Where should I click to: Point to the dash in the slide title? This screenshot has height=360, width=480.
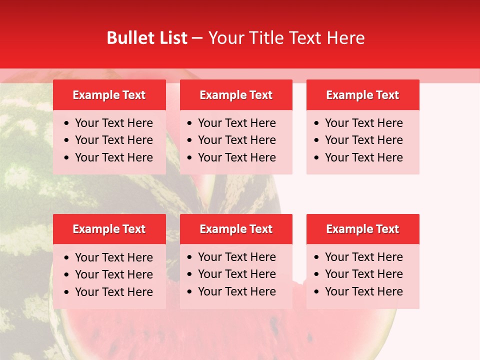[x=197, y=38]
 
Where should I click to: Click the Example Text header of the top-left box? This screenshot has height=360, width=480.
[x=109, y=95]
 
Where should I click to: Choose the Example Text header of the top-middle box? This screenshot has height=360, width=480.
[x=236, y=95]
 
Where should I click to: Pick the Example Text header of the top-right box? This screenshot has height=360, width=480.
[x=362, y=95]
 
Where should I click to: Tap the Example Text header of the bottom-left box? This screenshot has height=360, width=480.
[x=109, y=229]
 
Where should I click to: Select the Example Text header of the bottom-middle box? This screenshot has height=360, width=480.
[x=236, y=229]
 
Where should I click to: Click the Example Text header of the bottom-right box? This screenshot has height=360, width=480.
[x=362, y=229]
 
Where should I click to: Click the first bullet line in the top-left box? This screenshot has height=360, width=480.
[x=113, y=123]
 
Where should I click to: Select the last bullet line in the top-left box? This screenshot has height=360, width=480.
[x=113, y=157]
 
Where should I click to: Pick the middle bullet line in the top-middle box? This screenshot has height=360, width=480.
[x=236, y=140]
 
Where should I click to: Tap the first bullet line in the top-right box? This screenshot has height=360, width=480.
[x=363, y=123]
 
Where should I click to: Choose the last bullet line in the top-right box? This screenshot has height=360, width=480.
[x=363, y=157]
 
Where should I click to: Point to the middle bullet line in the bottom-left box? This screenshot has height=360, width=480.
[x=113, y=274]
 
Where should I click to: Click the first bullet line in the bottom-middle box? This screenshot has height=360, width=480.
[x=236, y=257]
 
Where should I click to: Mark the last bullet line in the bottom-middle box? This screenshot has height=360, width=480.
[x=236, y=291]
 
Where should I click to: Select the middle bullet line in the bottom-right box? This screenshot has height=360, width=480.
[x=363, y=274]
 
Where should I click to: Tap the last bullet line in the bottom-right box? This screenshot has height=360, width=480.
[x=363, y=291]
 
